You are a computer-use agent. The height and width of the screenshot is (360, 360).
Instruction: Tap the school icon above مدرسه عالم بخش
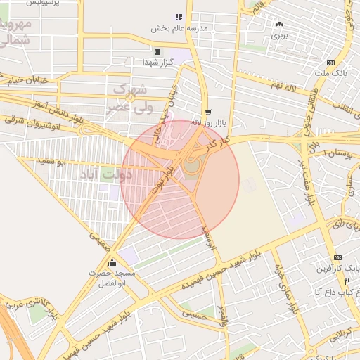pos(179,17)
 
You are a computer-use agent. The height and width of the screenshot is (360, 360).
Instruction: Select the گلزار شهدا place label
pos(157,63)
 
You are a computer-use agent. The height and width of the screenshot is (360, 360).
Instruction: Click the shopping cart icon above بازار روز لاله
pos(207,112)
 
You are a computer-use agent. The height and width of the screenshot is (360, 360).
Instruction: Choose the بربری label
pos(281,34)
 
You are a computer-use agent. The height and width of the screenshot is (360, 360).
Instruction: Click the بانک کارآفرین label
pos(340,268)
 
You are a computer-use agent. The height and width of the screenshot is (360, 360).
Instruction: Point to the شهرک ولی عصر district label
pos(131,98)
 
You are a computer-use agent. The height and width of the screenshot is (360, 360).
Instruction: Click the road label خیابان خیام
pos(29,80)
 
